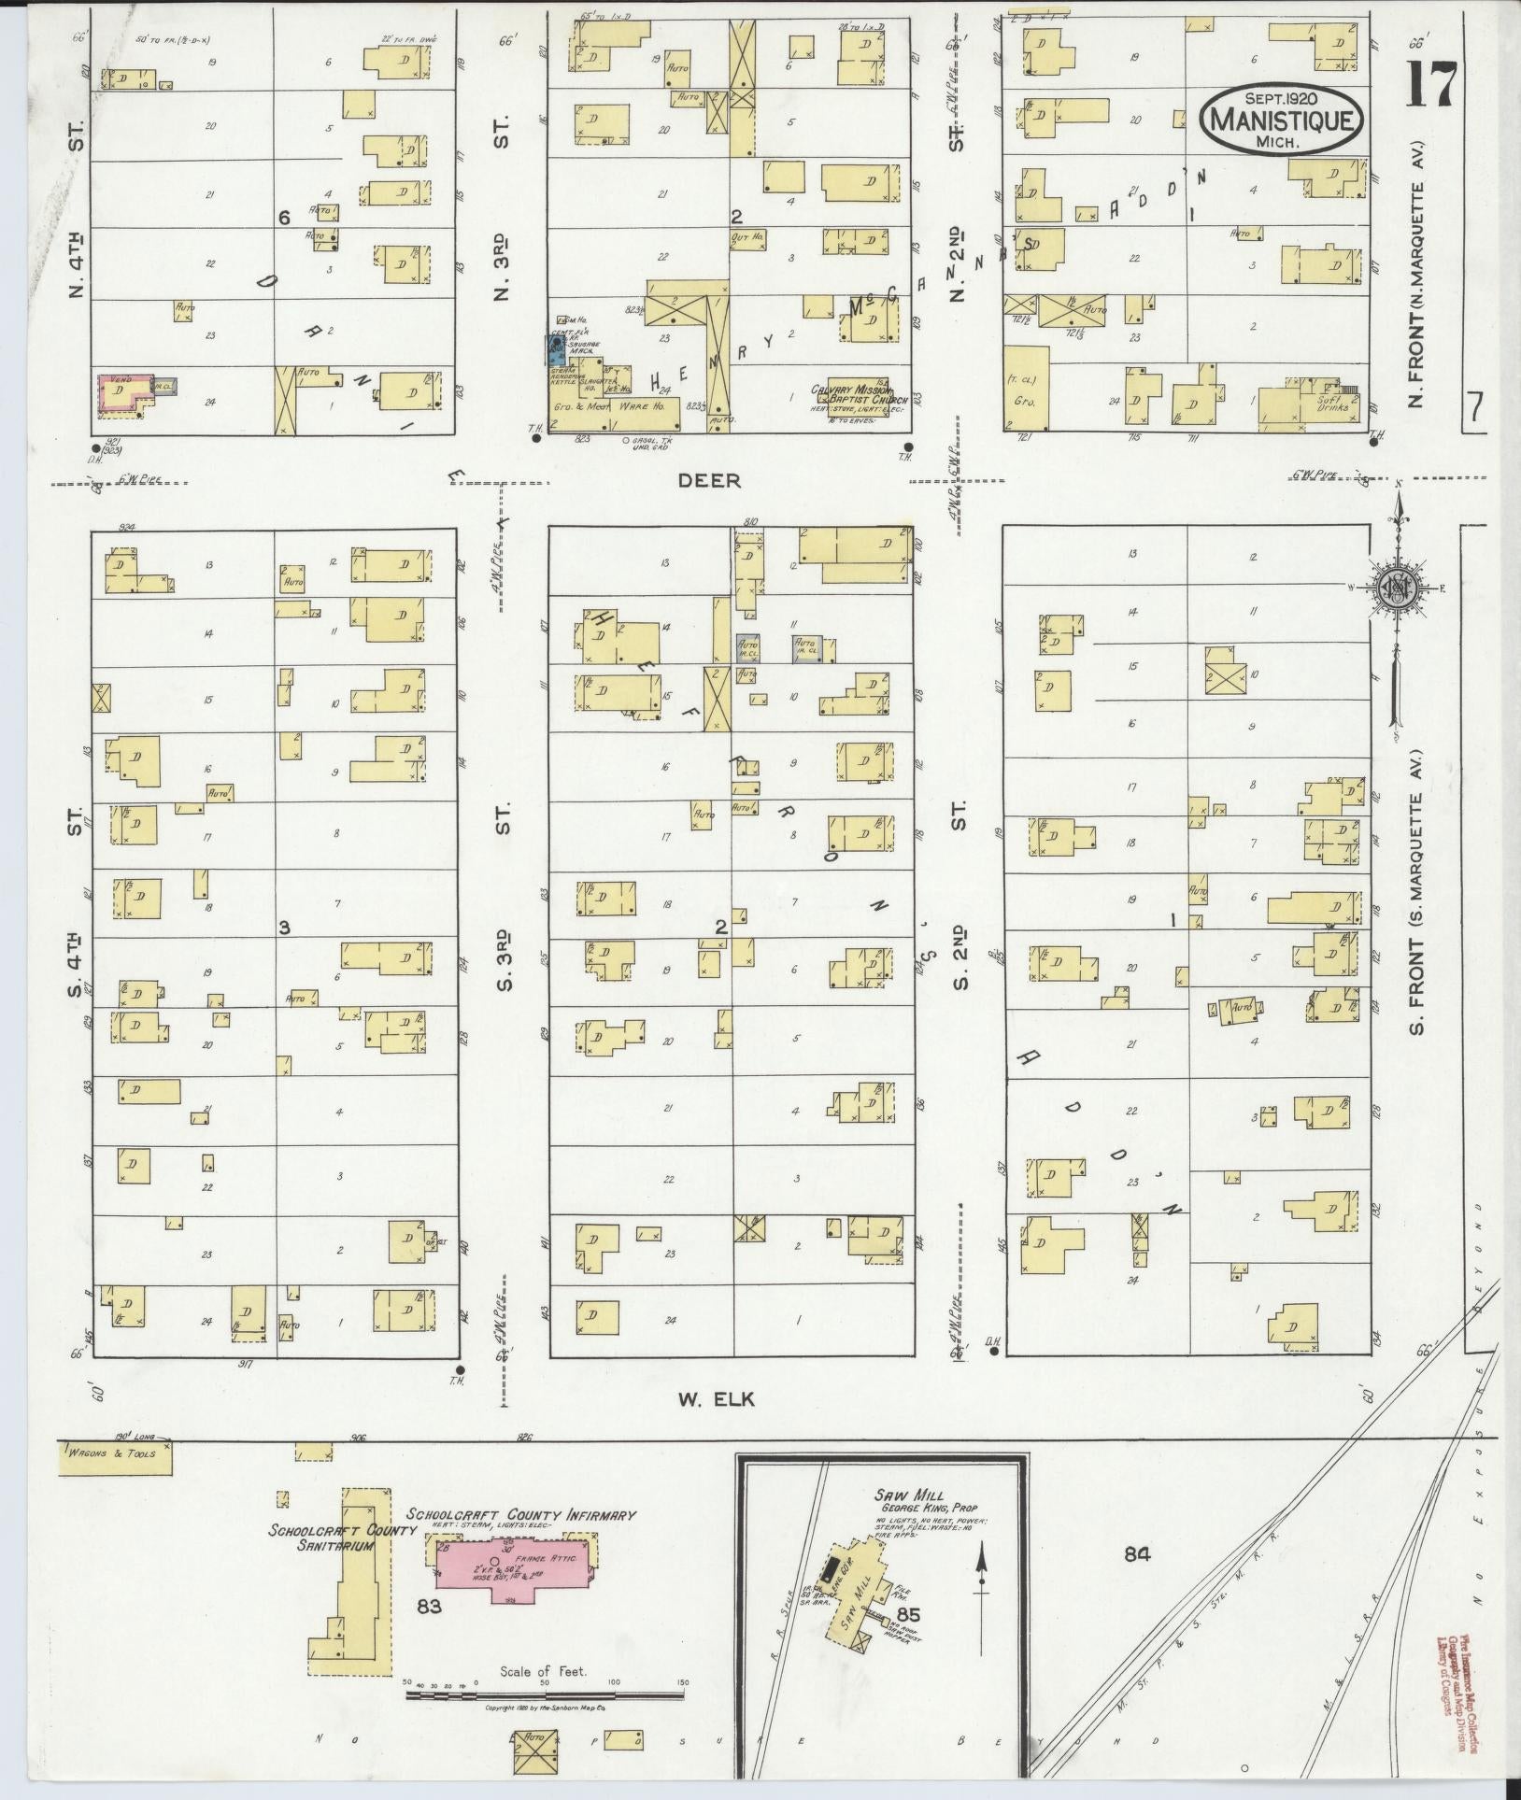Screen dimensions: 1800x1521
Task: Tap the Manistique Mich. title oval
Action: pyautogui.click(x=1281, y=120)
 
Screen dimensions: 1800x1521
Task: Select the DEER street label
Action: pyautogui.click(x=708, y=481)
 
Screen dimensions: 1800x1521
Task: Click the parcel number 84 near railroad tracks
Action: pyautogui.click(x=1136, y=1555)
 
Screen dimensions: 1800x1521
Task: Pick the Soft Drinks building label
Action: pyautogui.click(x=1331, y=403)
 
